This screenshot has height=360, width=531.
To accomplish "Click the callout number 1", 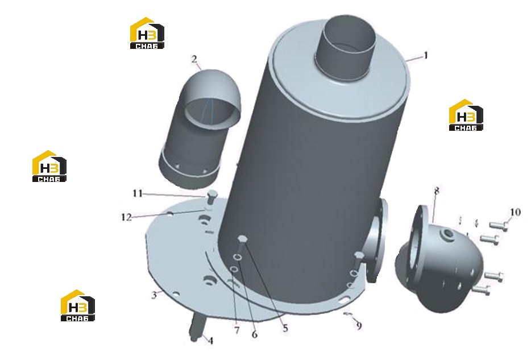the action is (426, 55).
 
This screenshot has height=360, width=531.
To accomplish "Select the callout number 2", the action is (194, 59).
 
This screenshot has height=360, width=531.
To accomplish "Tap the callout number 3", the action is (154, 295).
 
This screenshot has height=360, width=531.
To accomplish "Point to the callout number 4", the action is (211, 340).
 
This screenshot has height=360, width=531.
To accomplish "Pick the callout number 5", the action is (285, 328).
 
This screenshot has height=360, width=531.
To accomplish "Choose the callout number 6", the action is (254, 334).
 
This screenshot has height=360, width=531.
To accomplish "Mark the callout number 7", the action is (237, 330).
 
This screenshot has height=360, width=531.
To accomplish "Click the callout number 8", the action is (437, 191).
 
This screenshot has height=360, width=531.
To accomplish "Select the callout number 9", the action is (359, 325).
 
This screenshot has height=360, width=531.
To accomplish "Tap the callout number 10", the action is (515, 212).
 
